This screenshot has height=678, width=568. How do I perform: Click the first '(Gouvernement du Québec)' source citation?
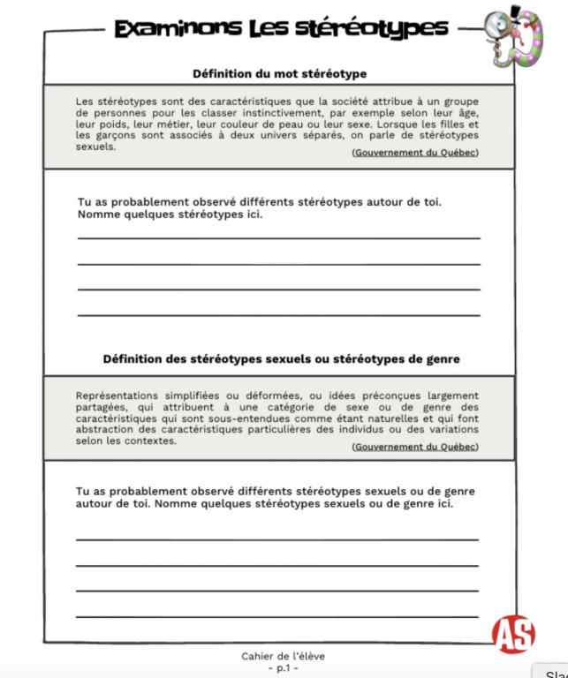click(x=414, y=153)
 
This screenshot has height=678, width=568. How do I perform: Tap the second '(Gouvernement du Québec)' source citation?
click(x=414, y=447)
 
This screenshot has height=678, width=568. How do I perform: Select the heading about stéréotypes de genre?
click(x=281, y=359)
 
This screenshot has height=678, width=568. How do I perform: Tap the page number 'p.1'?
click(x=283, y=667)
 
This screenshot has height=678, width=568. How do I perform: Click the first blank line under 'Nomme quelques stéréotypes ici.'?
click(x=279, y=237)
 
